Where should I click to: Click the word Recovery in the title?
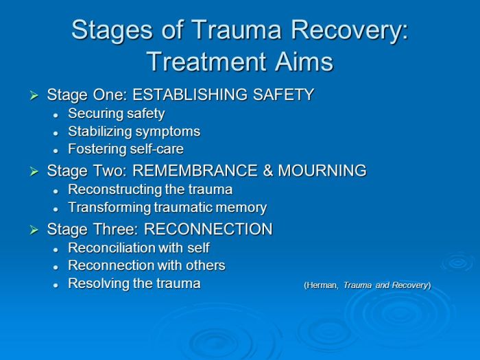pos(350,31)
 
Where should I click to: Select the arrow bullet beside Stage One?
pos(34,95)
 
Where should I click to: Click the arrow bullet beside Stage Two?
pos(34,171)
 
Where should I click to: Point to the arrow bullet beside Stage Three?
pos(34,230)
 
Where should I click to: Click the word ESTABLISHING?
pos(190,95)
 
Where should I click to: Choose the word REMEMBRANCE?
pos(195,170)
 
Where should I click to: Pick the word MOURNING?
pos(322,170)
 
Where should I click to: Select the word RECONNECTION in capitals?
pos(208,228)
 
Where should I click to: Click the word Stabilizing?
pos(100,132)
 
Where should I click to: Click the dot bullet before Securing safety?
pos(56,115)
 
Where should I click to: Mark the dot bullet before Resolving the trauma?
pos(56,285)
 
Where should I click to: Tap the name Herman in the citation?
pos(322,285)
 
